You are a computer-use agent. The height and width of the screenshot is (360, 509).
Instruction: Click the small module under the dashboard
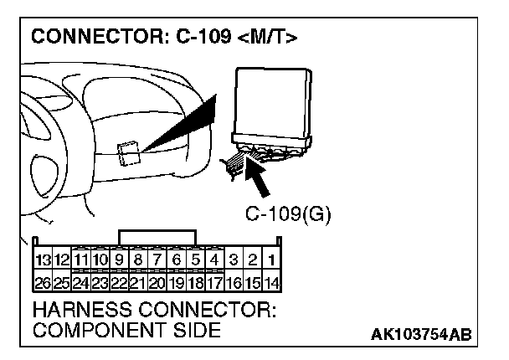(x=129, y=154)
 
